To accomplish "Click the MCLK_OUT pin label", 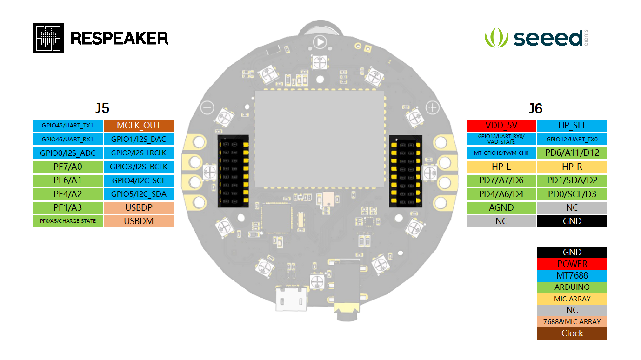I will pos(139,126).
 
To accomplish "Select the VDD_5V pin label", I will pos(501,126).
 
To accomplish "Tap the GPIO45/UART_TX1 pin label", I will pos(67,126).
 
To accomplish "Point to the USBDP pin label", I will pos(139,207).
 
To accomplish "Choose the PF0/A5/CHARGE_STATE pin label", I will pos(67,221).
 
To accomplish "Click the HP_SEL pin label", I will pos(572,126).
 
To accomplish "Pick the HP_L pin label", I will pos(501,167).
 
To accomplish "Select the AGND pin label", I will pos(501,207).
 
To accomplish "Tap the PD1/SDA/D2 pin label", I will pos(572,180).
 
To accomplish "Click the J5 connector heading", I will pos(102,108).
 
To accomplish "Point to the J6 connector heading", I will pos(536,108).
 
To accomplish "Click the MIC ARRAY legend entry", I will pos(572,299).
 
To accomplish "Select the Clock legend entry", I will pos(572,333).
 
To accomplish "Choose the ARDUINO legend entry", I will pos(572,287).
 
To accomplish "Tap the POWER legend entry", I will pos(572,264).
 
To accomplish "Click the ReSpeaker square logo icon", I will pos(48,38).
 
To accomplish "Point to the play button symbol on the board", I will pos(320,42).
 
